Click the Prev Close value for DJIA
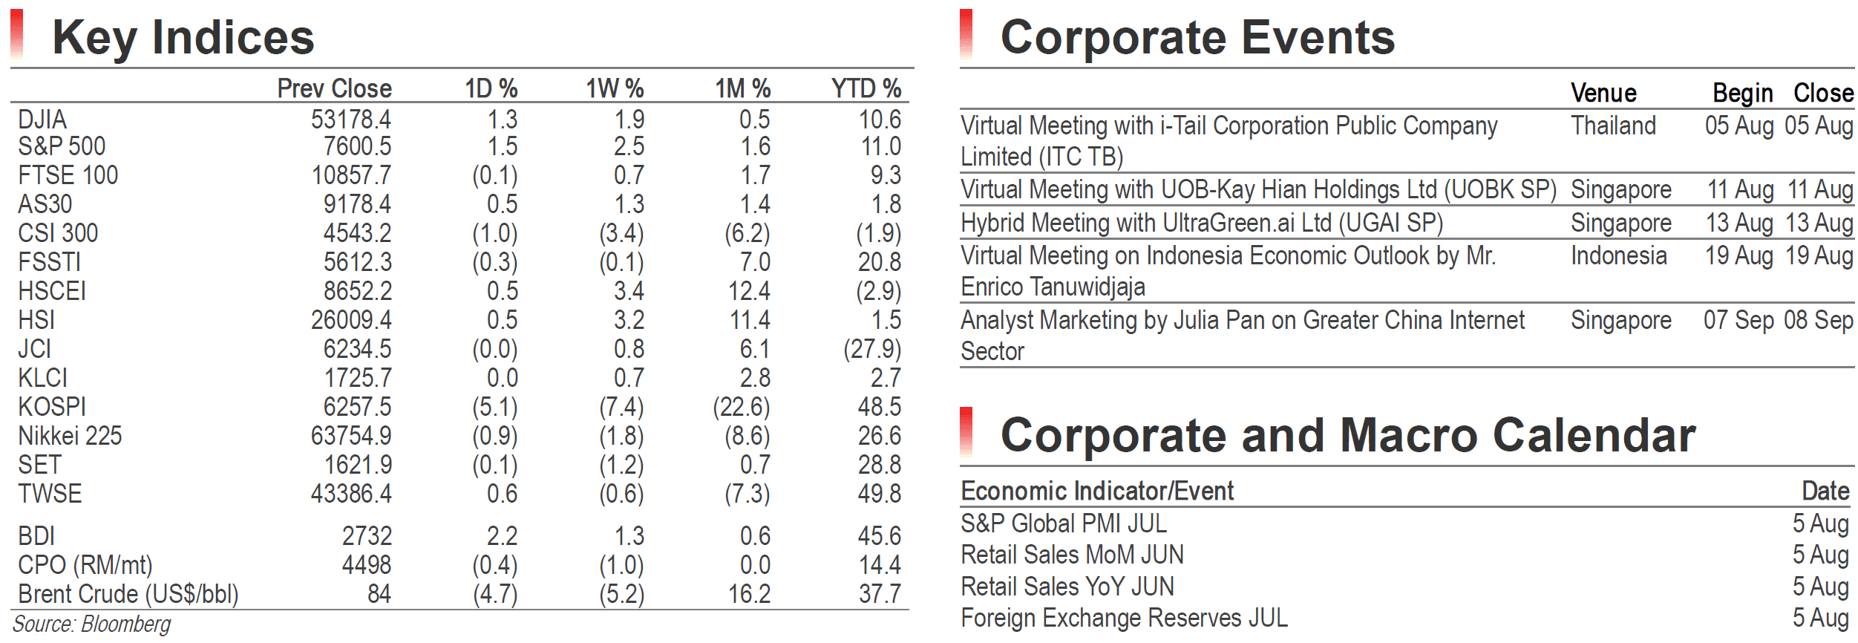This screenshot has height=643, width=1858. pyautogui.click(x=350, y=120)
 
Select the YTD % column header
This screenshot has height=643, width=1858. pyautogui.click(x=866, y=89)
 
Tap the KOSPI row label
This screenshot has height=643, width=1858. pyautogui.click(x=52, y=407)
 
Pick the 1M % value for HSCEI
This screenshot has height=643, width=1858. pyautogui.click(x=749, y=291)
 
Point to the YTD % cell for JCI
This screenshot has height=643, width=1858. pyautogui.click(x=872, y=349)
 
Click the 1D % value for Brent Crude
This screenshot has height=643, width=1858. pyautogui.click(x=495, y=594)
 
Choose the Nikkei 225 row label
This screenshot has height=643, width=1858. pyautogui.click(x=70, y=436)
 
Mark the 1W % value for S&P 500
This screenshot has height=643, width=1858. pyautogui.click(x=629, y=146)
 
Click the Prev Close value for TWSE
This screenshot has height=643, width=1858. pyautogui.click(x=351, y=494)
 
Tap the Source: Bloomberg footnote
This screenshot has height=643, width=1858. pyautogui.click(x=91, y=624)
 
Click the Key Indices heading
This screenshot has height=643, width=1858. pyautogui.click(x=183, y=37)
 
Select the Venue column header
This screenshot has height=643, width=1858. pyautogui.click(x=1603, y=93)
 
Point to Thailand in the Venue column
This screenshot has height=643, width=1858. pyautogui.click(x=1613, y=125)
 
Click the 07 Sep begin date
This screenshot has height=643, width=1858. pyautogui.click(x=1738, y=320)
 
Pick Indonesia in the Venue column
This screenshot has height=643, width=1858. pyautogui.click(x=1619, y=255)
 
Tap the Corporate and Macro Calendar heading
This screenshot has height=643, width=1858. pyautogui.click(x=1348, y=434)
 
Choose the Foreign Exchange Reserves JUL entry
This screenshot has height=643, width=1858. pyautogui.click(x=1124, y=618)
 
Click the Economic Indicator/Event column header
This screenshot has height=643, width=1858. pyautogui.click(x=1097, y=491)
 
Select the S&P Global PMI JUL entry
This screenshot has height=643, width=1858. pyautogui.click(x=1064, y=523)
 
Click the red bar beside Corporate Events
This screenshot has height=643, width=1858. pyautogui.click(x=966, y=33)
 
